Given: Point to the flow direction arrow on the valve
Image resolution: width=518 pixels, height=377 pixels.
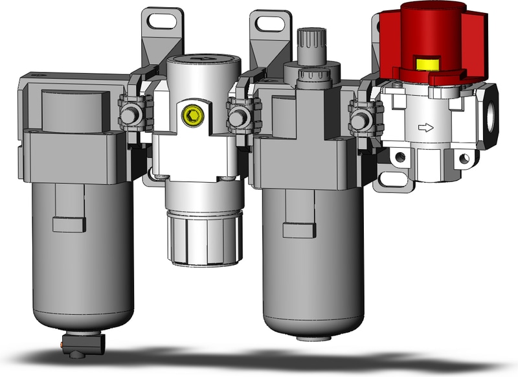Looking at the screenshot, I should tap(425, 128).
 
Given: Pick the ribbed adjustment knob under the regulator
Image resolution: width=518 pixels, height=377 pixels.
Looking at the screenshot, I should tap(205, 237).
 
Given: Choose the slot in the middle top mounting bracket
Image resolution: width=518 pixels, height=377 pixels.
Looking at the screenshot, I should tap(270, 24).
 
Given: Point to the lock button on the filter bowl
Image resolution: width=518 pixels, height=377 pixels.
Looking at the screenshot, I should tap(69, 224).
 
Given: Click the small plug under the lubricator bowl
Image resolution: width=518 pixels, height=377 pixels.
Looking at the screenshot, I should tap(304, 337).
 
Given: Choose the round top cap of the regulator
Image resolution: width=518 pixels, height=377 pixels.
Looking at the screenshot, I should tap(203, 63).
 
